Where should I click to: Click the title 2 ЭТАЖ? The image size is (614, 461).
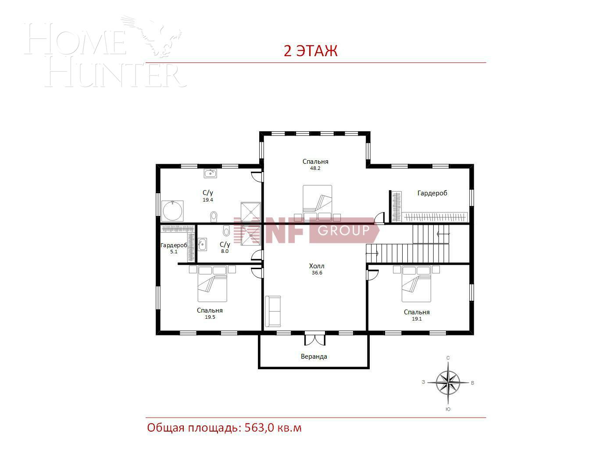click(311, 51)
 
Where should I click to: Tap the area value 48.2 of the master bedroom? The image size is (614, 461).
click(315, 169)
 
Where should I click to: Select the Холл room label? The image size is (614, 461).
click(317, 266)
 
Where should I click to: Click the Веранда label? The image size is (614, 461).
click(314, 357)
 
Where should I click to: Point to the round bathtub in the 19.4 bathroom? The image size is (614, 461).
click(173, 211)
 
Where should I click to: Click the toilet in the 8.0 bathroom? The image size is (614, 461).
click(226, 230)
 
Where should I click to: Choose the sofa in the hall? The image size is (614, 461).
click(273, 311)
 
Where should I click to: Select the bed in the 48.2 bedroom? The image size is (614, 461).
click(317, 203)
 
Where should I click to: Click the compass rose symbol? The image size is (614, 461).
click(448, 382)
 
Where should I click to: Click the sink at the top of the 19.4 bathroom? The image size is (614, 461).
click(210, 173)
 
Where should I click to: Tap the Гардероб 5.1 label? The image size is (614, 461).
click(174, 248)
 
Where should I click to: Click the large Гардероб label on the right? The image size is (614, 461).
click(432, 193)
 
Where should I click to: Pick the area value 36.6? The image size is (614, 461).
click(317, 273)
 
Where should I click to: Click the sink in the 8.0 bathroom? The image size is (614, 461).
click(202, 244)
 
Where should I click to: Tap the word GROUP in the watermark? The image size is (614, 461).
click(343, 230)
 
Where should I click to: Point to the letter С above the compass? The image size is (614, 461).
click(448, 358)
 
